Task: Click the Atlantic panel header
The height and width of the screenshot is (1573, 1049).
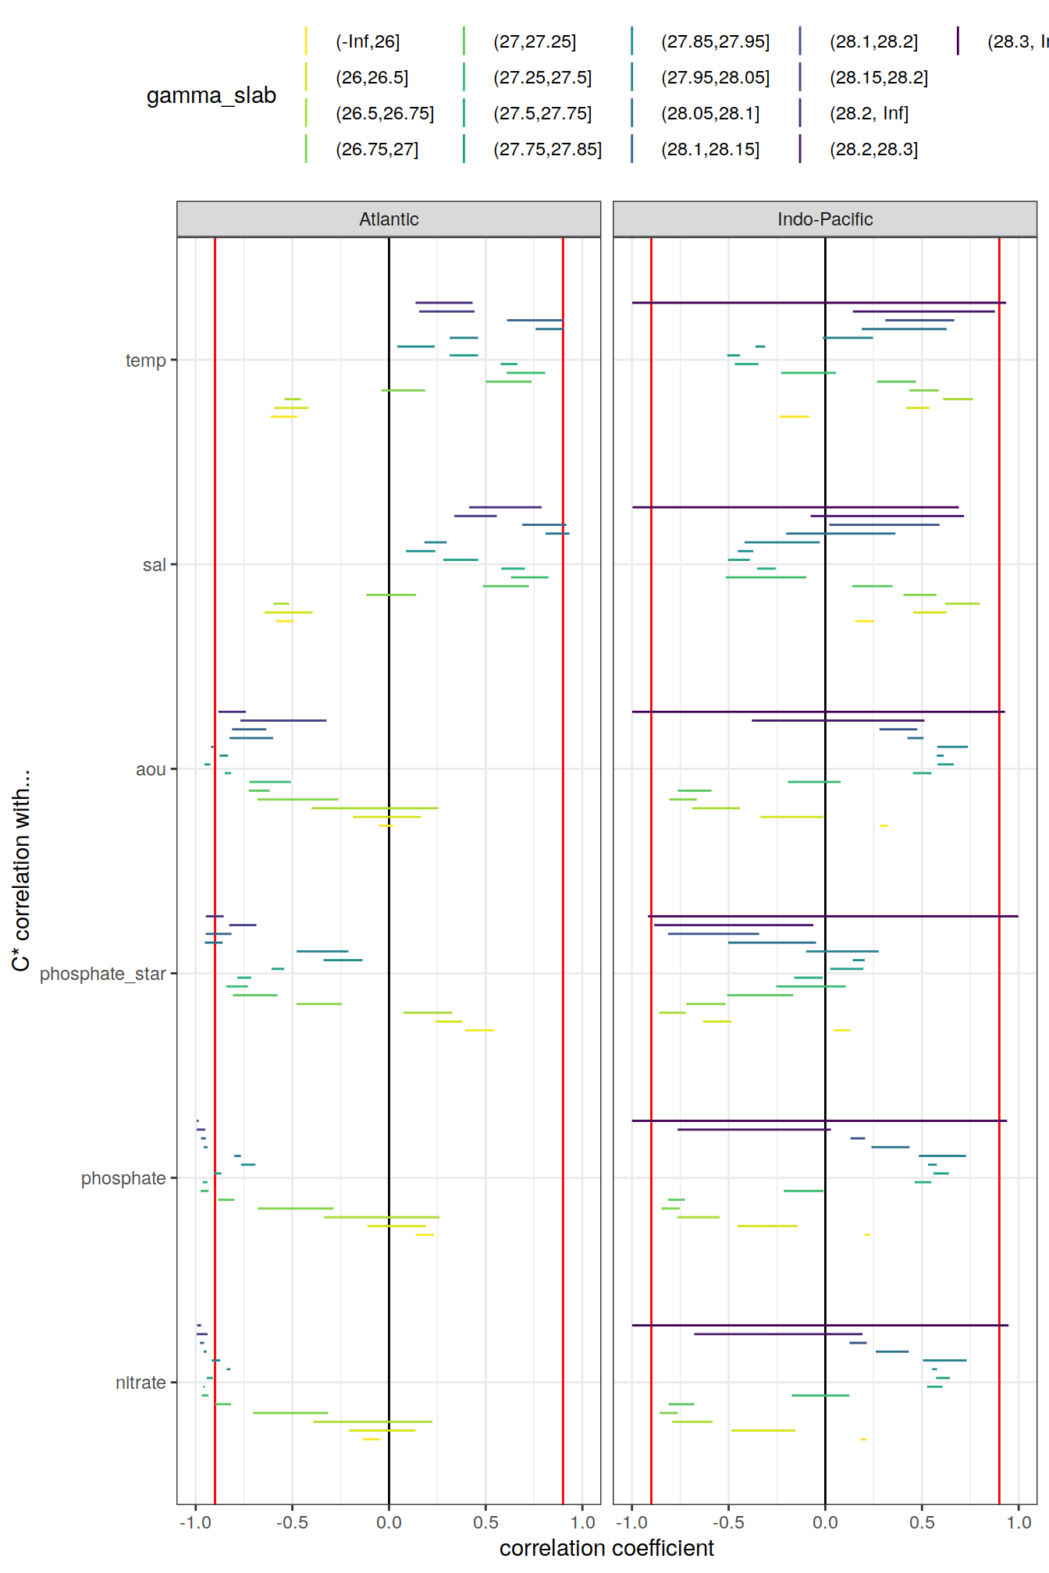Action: [389, 219]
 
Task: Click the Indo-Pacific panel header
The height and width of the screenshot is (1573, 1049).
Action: [824, 219]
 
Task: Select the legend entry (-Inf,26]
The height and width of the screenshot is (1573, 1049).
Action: [368, 42]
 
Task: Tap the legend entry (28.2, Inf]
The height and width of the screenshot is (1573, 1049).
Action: [869, 114]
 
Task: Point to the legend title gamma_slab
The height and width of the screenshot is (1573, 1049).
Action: [212, 96]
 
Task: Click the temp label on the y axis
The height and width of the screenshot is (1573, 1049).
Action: [146, 360]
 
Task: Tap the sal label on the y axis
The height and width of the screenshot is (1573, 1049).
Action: [155, 565]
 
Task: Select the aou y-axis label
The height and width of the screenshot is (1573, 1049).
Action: [151, 769]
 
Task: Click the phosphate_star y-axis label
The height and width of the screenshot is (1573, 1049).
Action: [103, 974]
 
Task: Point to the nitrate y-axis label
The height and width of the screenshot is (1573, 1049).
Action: [140, 1383]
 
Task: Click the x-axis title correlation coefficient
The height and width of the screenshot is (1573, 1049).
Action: [606, 1548]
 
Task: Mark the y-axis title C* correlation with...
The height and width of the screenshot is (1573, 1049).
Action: [21, 871]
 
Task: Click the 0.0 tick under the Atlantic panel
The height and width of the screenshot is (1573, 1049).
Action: [389, 1522]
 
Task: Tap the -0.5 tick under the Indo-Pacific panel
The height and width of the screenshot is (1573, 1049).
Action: [728, 1522]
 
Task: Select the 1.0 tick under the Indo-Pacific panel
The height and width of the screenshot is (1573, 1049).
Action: [1019, 1522]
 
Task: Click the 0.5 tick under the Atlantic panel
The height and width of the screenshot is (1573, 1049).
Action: [485, 1522]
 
